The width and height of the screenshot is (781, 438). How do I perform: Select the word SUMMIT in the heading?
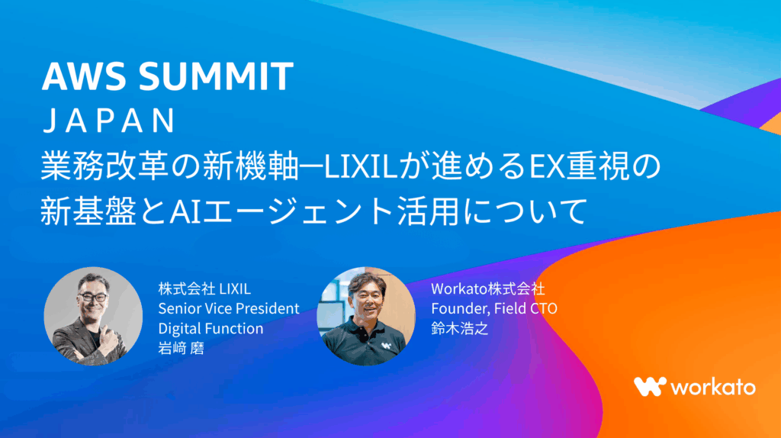[216, 76]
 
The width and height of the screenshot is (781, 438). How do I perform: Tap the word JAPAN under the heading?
[109, 121]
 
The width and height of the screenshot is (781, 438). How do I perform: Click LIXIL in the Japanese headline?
[361, 166]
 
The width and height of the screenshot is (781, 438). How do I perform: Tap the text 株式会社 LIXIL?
[204, 288]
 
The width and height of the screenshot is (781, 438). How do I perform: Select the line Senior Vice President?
[229, 308]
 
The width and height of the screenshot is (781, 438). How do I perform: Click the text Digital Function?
[211, 328]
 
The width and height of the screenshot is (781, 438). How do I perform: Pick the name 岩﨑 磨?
[182, 348]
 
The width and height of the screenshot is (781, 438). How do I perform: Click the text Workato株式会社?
[487, 288]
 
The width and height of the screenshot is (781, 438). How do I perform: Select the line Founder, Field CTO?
[494, 308]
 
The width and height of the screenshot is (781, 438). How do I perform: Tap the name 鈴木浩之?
[460, 328]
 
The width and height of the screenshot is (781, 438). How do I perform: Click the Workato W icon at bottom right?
[650, 387]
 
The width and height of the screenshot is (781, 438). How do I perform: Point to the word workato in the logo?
[713, 387]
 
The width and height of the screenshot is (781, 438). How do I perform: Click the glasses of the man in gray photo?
[92, 298]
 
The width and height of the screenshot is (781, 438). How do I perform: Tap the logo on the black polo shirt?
[386, 345]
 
